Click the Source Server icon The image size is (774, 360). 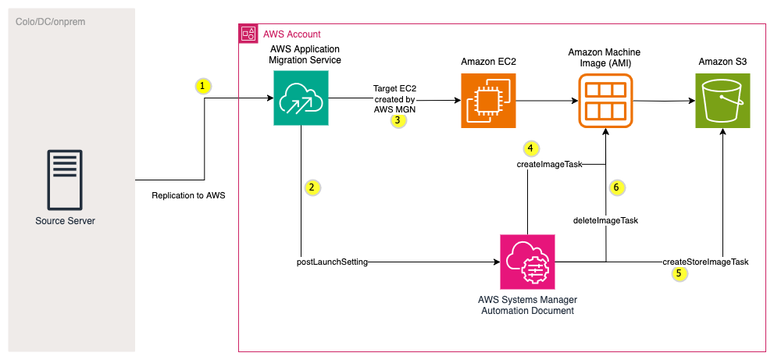click(x=66, y=179)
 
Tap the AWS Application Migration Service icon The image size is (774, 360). click(x=301, y=99)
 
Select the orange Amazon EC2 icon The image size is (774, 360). click(x=487, y=100)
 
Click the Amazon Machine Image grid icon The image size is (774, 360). click(x=603, y=100)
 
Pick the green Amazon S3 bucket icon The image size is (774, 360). click(x=722, y=100)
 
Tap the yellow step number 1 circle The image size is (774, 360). click(x=203, y=86)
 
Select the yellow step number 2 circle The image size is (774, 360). click(x=312, y=187)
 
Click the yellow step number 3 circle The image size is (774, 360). click(x=398, y=121)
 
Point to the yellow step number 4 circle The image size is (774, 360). click(x=531, y=148)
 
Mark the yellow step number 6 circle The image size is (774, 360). click(x=617, y=187)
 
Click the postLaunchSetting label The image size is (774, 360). click(x=332, y=262)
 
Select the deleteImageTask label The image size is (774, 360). click(x=606, y=220)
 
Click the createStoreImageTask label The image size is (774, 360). click(x=705, y=262)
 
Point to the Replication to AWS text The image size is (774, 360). click(x=188, y=195)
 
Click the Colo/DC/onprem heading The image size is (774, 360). click(x=51, y=22)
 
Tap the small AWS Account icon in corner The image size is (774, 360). click(x=248, y=34)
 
